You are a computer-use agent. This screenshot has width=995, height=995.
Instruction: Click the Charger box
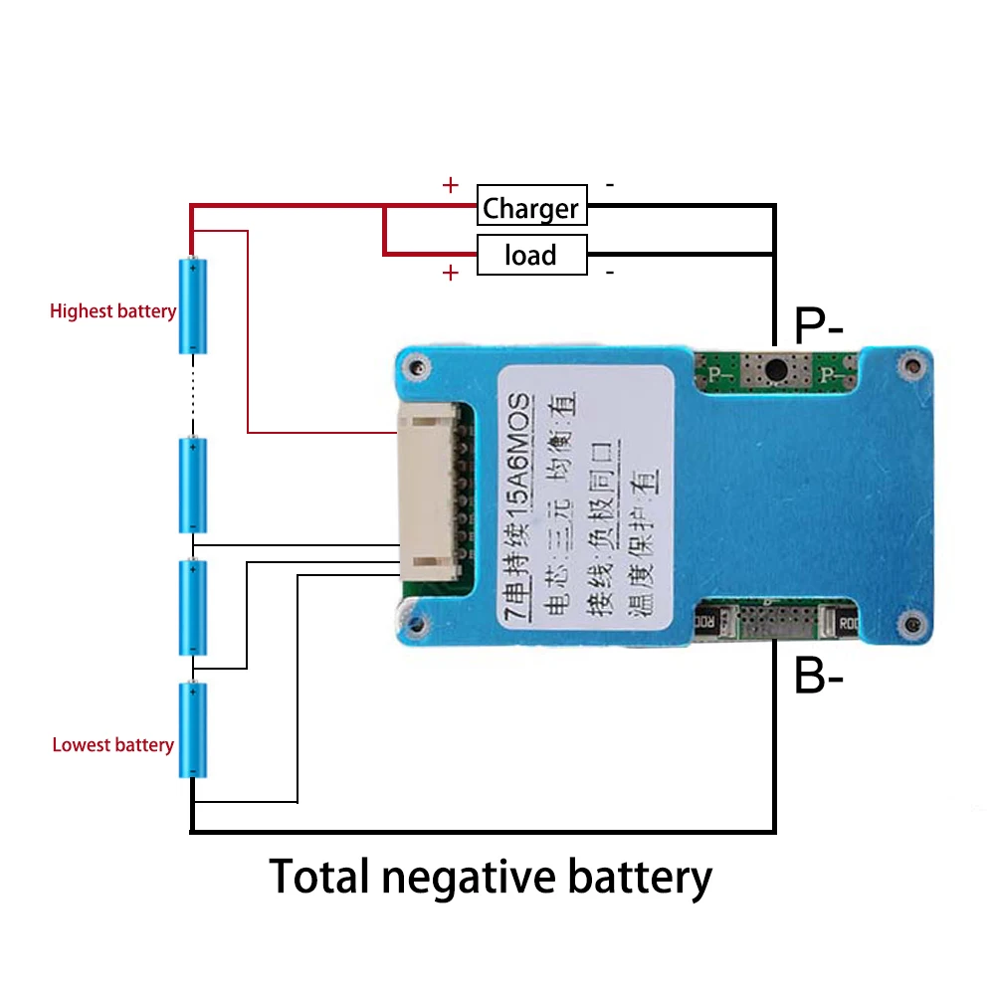click(531, 207)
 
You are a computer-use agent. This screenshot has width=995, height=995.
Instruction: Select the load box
click(531, 255)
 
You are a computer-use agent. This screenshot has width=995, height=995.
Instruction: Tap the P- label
click(818, 324)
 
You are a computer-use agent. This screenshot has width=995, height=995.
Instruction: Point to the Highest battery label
click(112, 311)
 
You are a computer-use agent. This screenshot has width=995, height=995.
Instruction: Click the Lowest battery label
click(112, 745)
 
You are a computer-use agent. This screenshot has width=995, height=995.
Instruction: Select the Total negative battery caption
click(491, 878)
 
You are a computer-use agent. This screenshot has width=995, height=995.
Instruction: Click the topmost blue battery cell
click(193, 305)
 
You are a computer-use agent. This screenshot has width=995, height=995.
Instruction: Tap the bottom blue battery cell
click(193, 729)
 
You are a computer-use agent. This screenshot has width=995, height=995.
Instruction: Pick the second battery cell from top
click(193, 485)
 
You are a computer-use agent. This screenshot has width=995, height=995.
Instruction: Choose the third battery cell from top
click(193, 607)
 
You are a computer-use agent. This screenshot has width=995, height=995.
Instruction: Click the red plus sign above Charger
click(450, 185)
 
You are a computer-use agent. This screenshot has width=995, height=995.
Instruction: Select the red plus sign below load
click(450, 273)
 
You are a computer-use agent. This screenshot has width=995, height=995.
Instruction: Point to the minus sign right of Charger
click(609, 185)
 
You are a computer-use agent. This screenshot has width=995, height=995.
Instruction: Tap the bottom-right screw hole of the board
click(907, 624)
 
